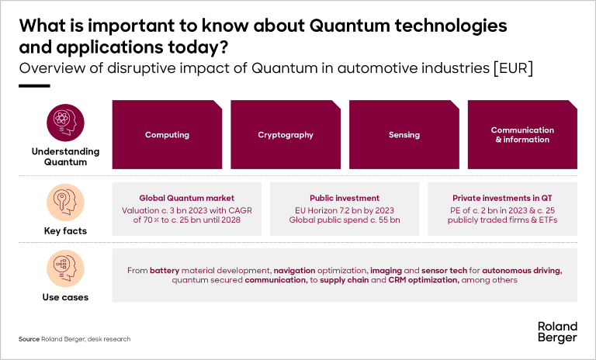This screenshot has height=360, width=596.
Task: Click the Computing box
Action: [x=167, y=134]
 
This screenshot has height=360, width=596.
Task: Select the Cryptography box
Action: [x=286, y=134]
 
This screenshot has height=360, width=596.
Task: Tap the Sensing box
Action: [x=404, y=134]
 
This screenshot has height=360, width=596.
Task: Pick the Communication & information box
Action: [x=522, y=134]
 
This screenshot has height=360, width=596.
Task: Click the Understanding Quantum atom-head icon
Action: [x=65, y=123]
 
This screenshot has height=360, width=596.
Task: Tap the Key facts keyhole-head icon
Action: [x=65, y=202]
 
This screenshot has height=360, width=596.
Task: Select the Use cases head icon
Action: [x=65, y=268]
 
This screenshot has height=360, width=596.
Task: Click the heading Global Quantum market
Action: [x=186, y=198]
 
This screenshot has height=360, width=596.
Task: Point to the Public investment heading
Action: [x=345, y=198]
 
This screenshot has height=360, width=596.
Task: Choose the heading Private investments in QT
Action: [x=502, y=198]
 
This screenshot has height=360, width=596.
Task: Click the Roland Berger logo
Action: [x=557, y=332]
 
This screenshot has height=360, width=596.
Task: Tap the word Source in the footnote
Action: [x=29, y=339]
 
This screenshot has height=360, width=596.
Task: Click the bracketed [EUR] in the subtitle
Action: [x=513, y=68]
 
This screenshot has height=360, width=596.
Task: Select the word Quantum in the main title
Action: [x=350, y=26]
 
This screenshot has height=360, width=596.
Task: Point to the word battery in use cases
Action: [x=165, y=270]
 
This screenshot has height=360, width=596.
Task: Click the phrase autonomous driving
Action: [x=521, y=271]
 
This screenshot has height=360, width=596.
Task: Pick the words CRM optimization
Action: [x=424, y=280]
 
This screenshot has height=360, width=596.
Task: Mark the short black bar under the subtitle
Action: [x=34, y=86]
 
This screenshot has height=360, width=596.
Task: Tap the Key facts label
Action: [x=65, y=230]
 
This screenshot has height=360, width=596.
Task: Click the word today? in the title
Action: [x=198, y=47]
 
